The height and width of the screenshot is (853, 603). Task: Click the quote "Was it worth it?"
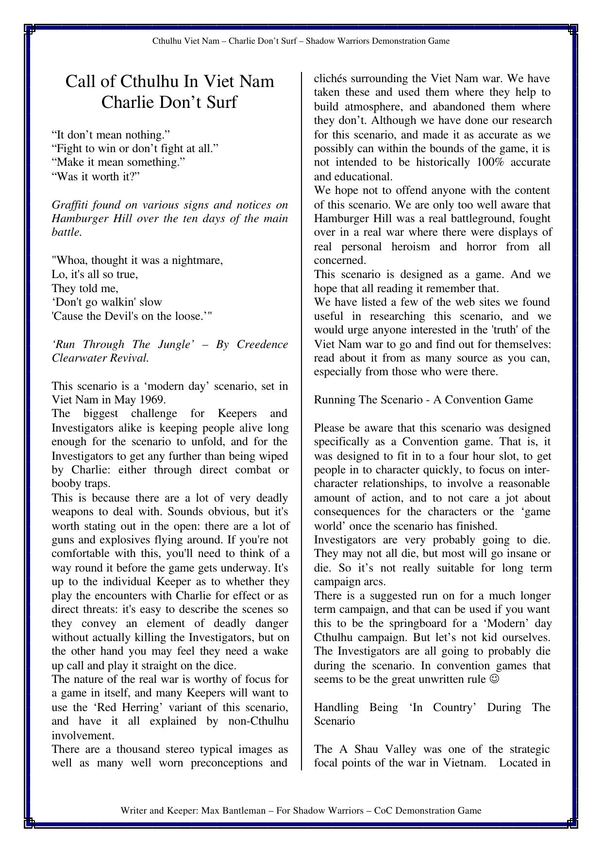coord(96,176)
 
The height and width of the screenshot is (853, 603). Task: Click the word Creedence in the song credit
coord(262,345)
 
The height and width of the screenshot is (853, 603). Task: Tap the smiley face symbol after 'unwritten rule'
coord(494,679)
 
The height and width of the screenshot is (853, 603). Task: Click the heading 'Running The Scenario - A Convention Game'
coord(423,400)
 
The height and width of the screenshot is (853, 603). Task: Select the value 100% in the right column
coord(491,162)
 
